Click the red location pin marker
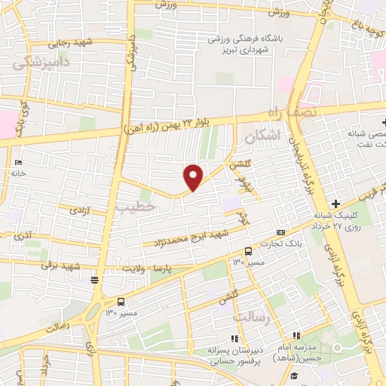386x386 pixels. (x=194, y=177)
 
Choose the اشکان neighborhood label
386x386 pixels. (x=262, y=136)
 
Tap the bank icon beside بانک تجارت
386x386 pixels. (x=280, y=232)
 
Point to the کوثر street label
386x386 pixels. (x=243, y=219)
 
